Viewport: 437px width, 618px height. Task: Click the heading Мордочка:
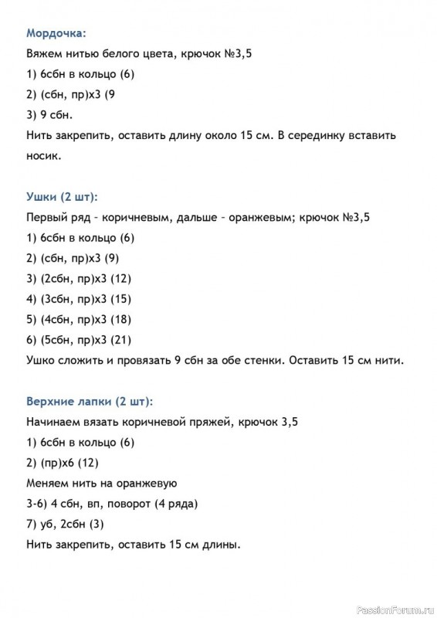click(x=56, y=33)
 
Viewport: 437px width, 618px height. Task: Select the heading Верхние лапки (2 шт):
click(x=90, y=402)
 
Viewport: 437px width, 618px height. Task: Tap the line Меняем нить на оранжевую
click(x=102, y=484)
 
